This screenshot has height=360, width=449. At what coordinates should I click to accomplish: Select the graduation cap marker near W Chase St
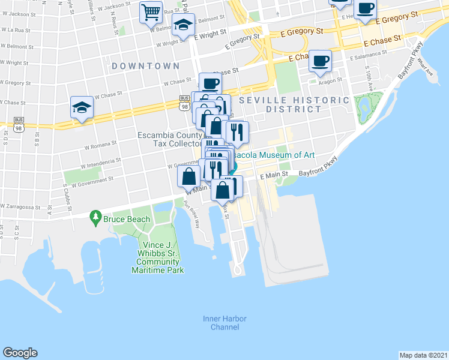(x=82, y=107)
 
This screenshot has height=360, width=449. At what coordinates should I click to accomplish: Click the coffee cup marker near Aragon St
(x=321, y=60)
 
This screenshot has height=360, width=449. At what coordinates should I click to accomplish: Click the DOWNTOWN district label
(x=145, y=65)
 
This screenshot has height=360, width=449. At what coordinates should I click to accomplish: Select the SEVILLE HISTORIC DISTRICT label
(x=294, y=104)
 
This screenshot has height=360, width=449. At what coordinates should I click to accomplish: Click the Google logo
(x=20, y=353)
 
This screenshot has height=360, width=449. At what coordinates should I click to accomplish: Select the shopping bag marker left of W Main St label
(x=189, y=176)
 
